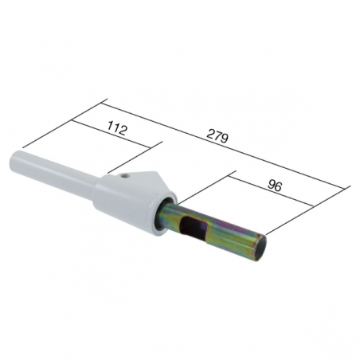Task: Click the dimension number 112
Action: (117, 128)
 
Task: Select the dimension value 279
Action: (217, 136)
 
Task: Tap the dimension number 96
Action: (274, 186)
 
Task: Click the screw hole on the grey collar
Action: (123, 176)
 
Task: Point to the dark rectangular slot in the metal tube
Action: (193, 227)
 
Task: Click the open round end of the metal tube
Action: (259, 248)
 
